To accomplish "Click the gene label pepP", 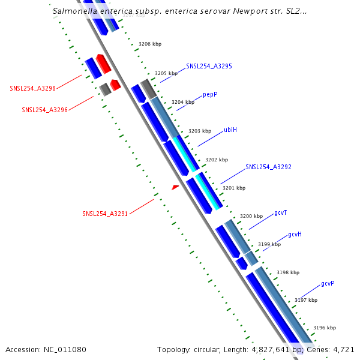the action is tap(209, 94).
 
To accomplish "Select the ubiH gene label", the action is tap(230, 130).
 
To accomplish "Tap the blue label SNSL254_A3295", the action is tap(209, 66).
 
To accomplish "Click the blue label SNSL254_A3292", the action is tap(268, 167).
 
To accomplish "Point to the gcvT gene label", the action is tap(281, 212).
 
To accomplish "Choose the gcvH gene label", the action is tap(295, 234).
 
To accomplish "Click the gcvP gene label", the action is tap(328, 283).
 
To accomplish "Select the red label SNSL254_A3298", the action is tap(33, 88).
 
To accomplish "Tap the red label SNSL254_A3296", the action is tap(45, 110).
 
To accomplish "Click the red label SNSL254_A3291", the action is tap(105, 214).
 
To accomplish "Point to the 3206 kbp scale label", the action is tap(150, 44).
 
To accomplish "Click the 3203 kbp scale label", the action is tap(200, 131).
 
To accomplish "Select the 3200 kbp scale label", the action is tap(251, 216).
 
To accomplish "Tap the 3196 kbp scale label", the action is tap(325, 328).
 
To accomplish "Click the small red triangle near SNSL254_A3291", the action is tap(175, 188).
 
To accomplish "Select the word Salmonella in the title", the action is tap(71, 11).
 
